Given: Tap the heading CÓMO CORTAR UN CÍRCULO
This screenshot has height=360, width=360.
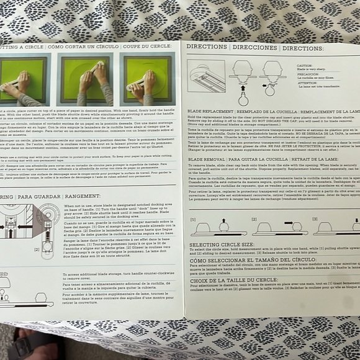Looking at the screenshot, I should [x=81, y=47].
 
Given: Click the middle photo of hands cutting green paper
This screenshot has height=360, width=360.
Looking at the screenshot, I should [x=91, y=79].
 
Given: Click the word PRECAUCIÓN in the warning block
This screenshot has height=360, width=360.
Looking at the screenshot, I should [x=307, y=74].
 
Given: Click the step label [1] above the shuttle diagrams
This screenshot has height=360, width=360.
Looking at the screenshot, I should [x=193, y=218].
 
